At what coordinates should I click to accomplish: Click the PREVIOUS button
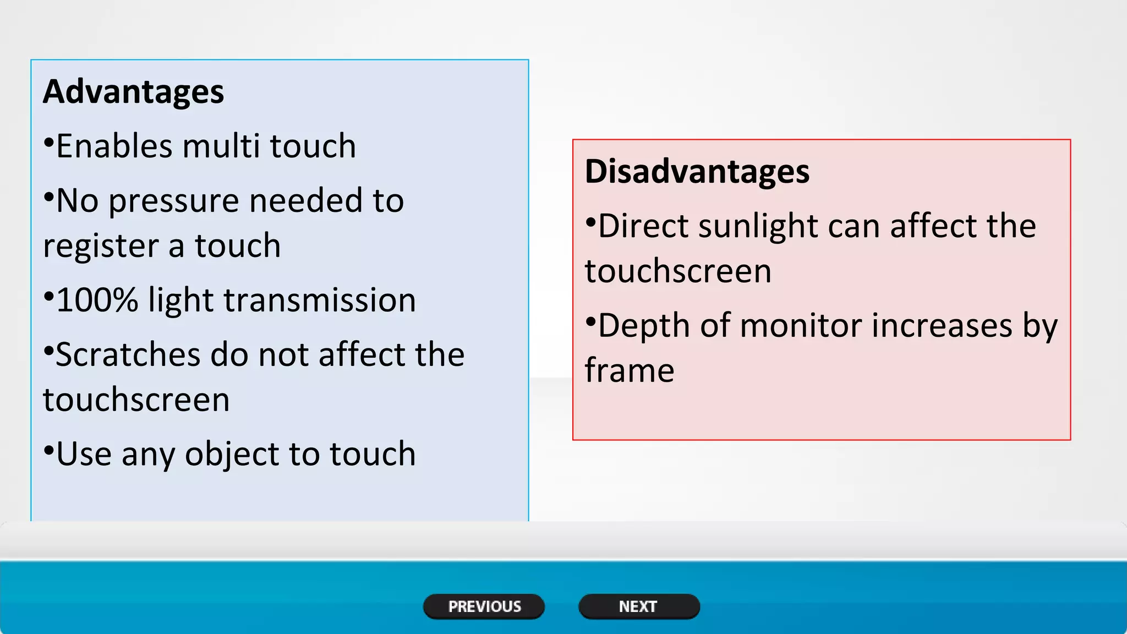pyautogui.click(x=484, y=606)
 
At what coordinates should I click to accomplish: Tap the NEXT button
pyautogui.click(x=638, y=606)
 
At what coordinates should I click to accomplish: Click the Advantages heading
pyautogui.click(x=134, y=91)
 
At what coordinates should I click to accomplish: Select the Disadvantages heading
pyautogui.click(x=697, y=171)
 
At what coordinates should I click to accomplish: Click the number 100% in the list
pyautogui.click(x=97, y=300)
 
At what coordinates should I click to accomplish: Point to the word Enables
pyautogui.click(x=114, y=146)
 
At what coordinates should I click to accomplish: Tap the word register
pyautogui.click(x=101, y=247)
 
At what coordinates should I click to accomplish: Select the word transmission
pyautogui.click(x=319, y=300)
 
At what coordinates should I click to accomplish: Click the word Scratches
pyautogui.click(x=128, y=354)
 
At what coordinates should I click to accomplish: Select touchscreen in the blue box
pyautogui.click(x=136, y=400)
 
